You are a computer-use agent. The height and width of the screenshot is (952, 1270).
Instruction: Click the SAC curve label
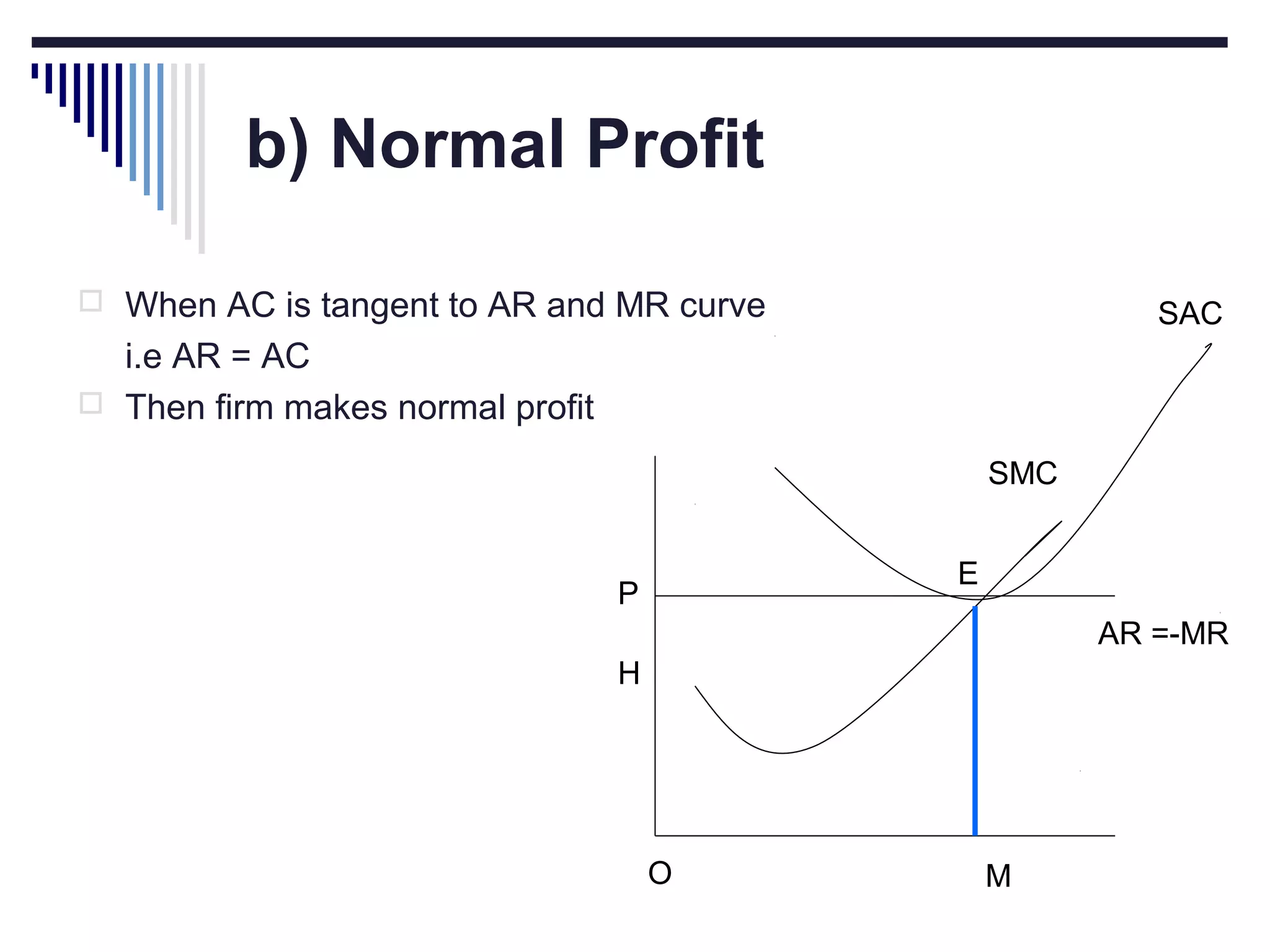pos(1189,314)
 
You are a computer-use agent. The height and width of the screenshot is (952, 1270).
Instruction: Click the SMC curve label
pos(1022,474)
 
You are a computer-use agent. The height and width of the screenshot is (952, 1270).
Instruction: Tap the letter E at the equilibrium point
pos(967,573)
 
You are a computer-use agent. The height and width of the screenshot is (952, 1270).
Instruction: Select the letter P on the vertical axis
pos(628,594)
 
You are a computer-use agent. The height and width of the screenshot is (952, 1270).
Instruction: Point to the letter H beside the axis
pos(628,673)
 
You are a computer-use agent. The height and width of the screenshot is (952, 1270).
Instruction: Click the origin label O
pos(660,873)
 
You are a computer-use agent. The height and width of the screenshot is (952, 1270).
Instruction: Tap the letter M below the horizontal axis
pos(998,876)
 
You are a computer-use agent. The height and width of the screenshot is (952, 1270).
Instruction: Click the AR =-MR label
pos(1163,633)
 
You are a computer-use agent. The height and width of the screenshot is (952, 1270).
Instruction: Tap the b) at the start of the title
pos(277,146)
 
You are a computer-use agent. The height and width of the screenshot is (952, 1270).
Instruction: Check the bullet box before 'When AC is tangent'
pos(91,301)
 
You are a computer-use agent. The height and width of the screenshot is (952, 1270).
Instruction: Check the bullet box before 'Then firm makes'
pos(91,403)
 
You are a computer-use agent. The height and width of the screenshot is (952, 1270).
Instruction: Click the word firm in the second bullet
pos(244,408)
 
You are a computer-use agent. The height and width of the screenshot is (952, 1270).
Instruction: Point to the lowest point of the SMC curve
pos(783,752)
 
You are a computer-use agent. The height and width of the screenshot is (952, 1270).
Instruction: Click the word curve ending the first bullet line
pos(722,306)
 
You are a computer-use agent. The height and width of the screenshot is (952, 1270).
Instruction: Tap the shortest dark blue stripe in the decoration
pos(35,71)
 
